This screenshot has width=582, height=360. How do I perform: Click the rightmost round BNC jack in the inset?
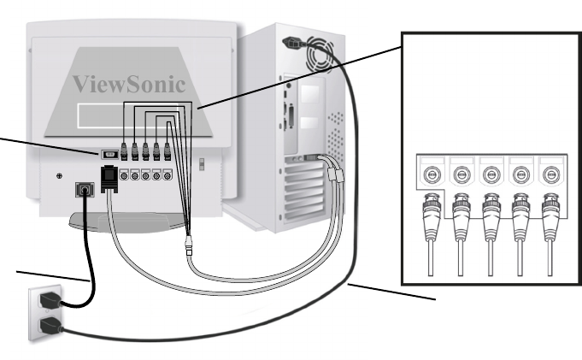551,175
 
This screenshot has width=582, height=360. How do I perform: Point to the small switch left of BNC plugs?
110,156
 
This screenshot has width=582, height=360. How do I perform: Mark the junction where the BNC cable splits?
189,244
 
